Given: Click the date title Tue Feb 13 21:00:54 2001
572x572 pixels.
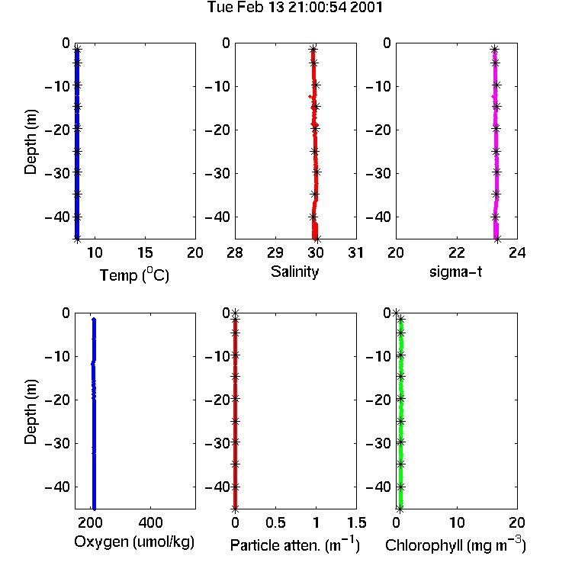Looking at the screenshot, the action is coord(294,7).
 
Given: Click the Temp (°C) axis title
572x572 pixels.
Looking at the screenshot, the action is coord(134,275).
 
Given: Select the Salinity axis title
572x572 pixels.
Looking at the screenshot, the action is coord(294,272).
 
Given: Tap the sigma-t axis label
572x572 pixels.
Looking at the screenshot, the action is coord(455,272).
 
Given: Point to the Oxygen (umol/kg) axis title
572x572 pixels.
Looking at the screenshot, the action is coord(134,542).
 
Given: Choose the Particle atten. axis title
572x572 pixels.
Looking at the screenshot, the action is coord(294,545).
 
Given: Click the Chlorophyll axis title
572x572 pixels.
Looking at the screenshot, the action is coord(455,545).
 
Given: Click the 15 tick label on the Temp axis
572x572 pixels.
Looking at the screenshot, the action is coord(145,252).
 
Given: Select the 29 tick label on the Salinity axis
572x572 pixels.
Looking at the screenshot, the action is coord(275,252).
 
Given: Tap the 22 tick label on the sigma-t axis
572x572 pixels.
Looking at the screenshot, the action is coord(457,252).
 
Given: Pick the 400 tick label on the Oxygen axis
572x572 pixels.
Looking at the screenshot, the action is coord(150,522).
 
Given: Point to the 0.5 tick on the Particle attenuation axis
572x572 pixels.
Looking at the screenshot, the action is coord(275,522).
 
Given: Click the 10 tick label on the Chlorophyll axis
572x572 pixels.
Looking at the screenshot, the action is coord(457,522).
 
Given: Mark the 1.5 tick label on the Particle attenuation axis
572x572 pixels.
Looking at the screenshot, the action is coord(357,522).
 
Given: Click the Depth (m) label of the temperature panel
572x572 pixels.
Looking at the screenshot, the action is coord(31,142).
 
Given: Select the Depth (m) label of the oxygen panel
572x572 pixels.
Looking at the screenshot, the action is coord(31,412).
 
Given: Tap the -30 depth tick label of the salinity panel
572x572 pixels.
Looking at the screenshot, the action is coord(217,173).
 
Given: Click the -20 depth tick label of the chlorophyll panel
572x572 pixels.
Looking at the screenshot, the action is coord(378,400).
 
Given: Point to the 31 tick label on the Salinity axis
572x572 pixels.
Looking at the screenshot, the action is coord(355,252).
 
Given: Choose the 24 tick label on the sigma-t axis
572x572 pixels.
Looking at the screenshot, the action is coord(517,252).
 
